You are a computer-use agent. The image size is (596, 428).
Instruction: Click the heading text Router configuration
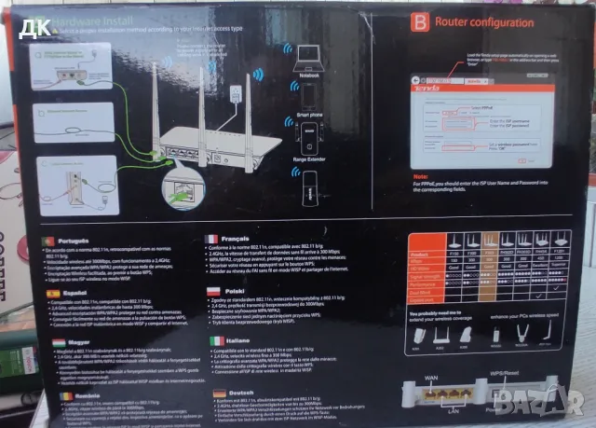[471, 21]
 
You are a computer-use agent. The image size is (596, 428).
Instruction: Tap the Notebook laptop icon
[307, 63]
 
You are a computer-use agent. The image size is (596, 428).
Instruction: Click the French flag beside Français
[210, 239]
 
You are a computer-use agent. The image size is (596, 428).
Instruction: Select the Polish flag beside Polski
[210, 290]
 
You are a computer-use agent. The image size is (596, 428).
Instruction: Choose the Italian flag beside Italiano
[210, 340]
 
